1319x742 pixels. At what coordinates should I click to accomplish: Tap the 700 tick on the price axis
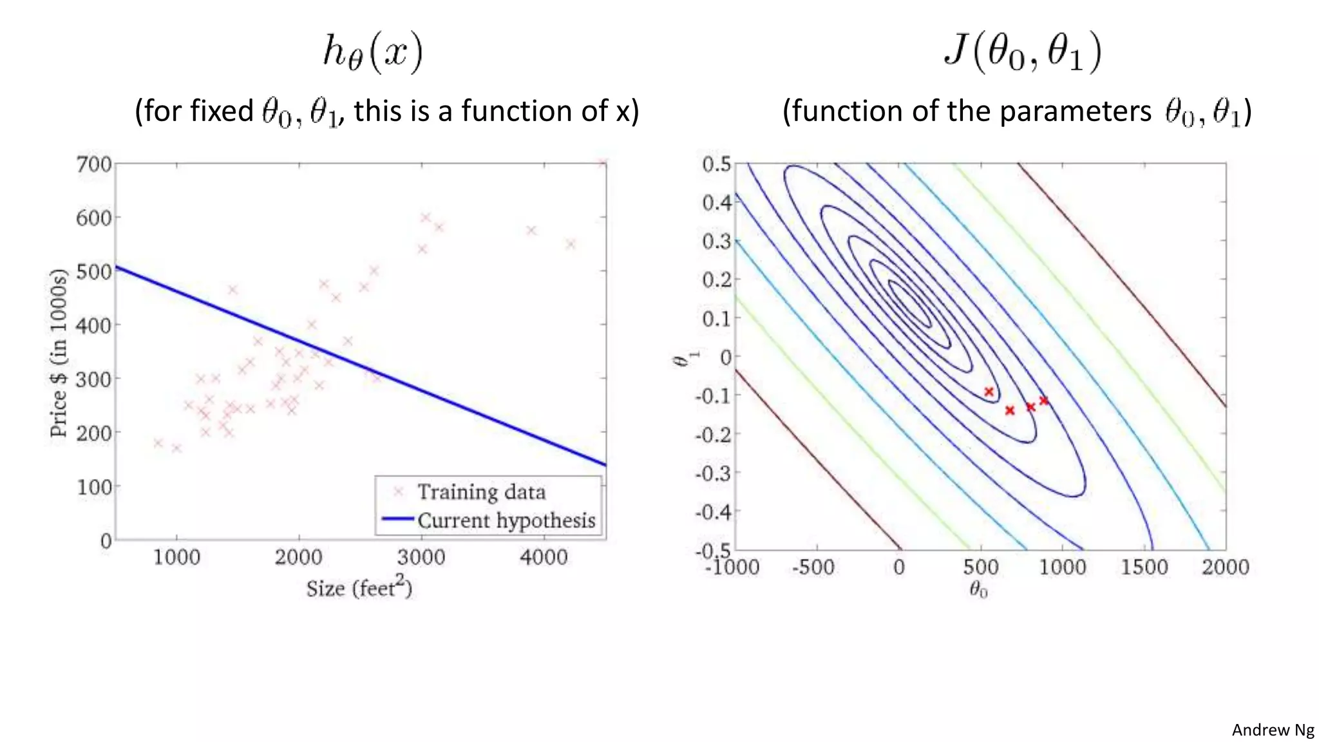94,164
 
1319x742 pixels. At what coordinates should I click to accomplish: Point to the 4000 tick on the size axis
544,556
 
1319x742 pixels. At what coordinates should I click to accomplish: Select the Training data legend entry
481,492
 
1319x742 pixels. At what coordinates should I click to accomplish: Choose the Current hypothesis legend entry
506,520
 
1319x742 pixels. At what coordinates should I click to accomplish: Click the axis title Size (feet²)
359,588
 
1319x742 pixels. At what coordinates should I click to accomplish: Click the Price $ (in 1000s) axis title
59,353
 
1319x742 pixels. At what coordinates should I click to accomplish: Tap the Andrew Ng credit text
1273,730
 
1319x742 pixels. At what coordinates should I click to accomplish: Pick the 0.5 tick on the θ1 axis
716,164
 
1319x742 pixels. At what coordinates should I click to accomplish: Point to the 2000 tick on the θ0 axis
1225,567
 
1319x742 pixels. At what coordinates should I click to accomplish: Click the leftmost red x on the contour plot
989,392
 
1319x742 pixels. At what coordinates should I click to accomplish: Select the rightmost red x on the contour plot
1044,401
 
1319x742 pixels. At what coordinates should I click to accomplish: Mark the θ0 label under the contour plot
978,589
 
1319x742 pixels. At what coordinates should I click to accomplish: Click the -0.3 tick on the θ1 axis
714,473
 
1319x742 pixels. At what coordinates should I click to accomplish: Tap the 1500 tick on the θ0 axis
1144,567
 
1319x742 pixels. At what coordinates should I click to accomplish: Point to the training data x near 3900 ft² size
531,231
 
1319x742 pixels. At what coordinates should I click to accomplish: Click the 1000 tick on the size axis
176,556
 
